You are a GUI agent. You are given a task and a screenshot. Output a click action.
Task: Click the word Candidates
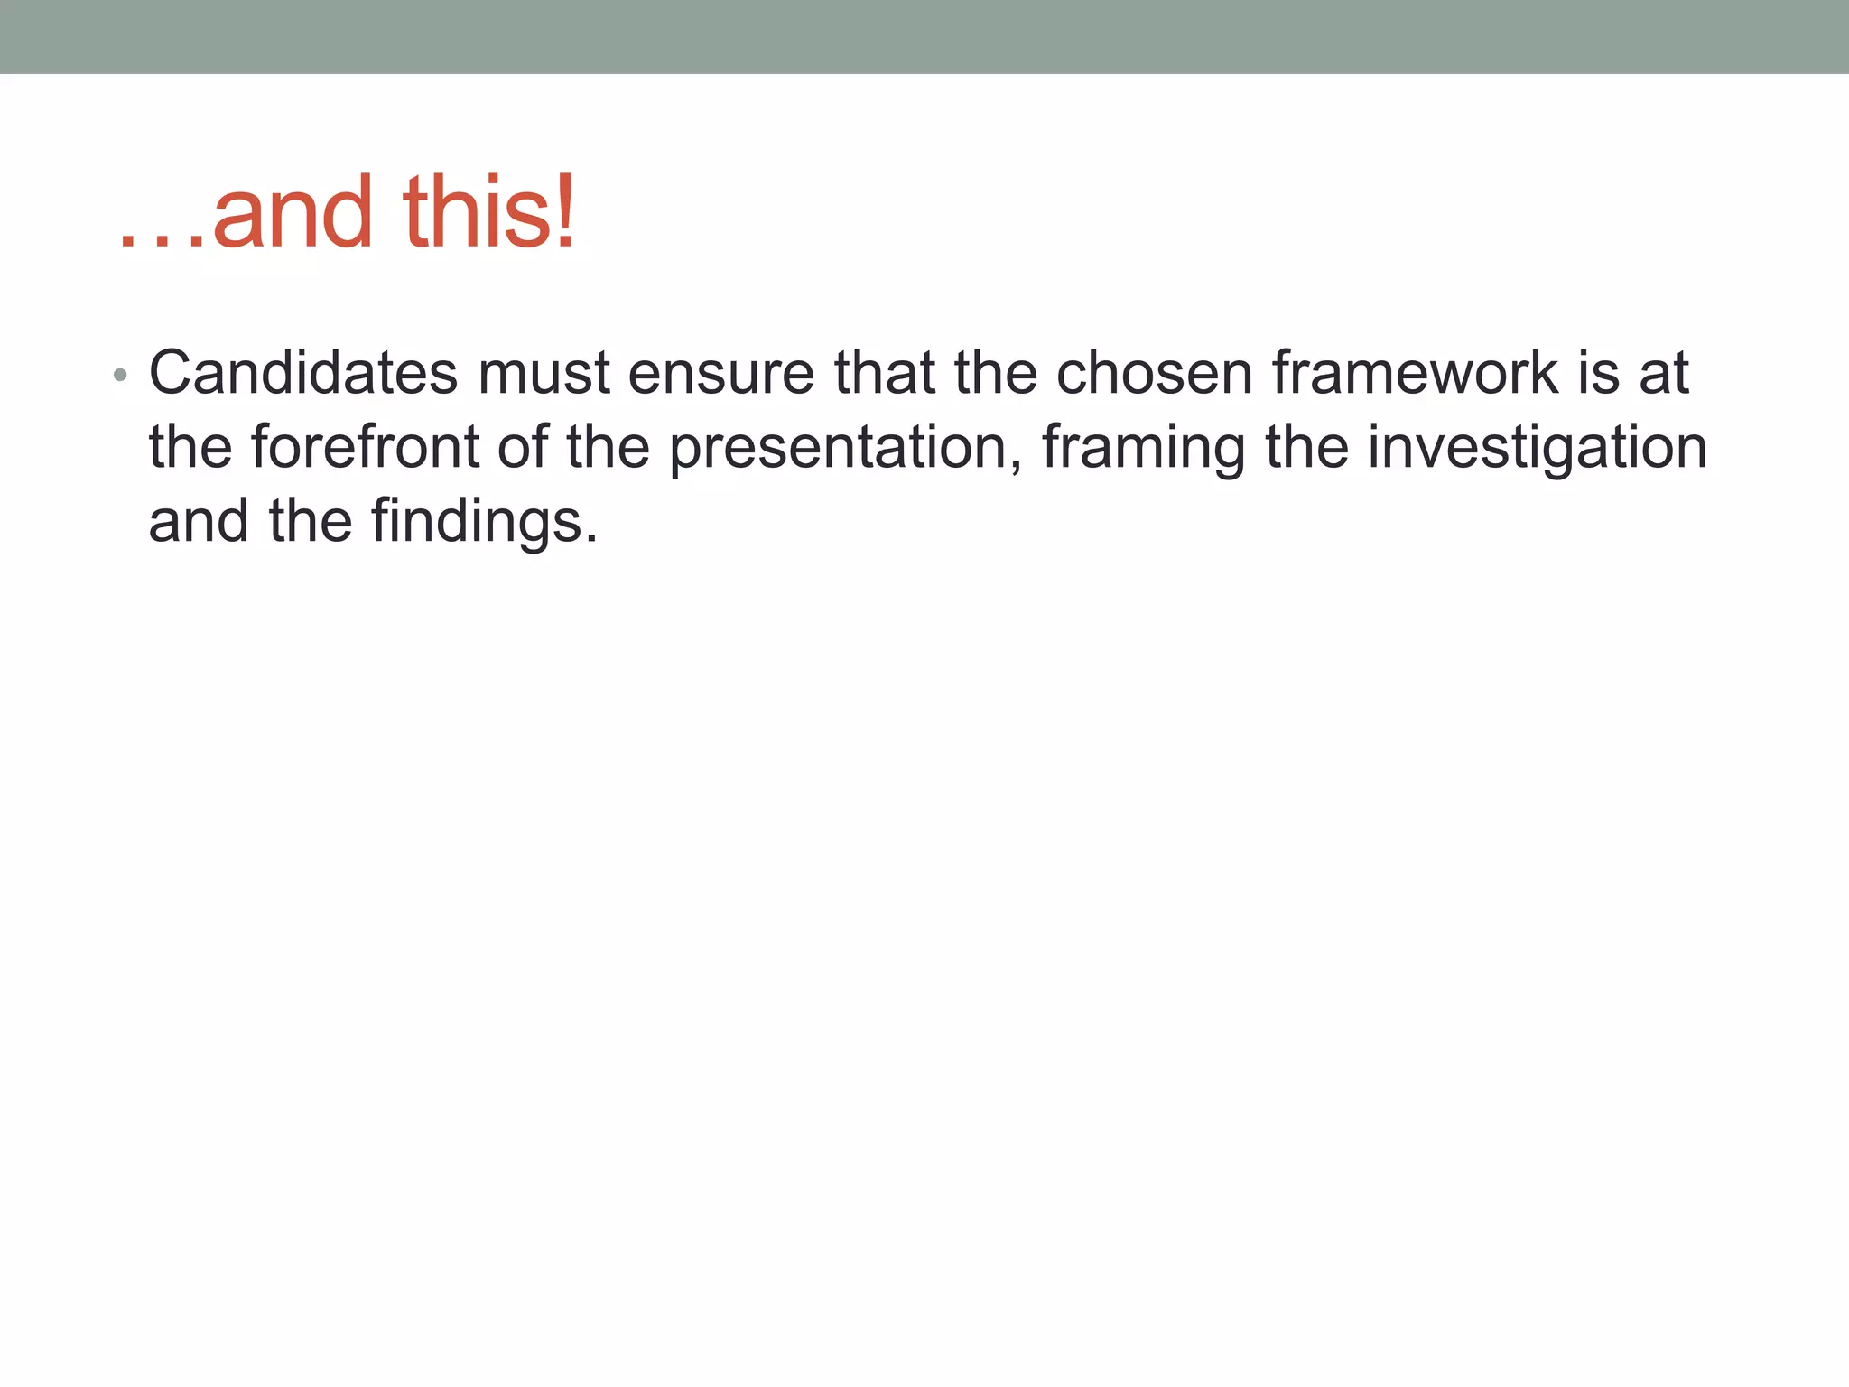[303, 373]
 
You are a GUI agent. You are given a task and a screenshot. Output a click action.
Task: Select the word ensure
[720, 373]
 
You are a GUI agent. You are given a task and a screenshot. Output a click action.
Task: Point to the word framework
[1416, 373]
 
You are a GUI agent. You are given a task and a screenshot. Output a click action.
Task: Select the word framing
[1143, 449]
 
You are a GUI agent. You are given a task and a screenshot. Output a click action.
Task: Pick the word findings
[484, 523]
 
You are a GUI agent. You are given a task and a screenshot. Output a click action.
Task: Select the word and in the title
[293, 213]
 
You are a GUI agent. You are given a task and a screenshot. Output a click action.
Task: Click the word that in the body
[884, 373]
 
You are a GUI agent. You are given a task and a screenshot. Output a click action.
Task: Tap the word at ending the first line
[1663, 373]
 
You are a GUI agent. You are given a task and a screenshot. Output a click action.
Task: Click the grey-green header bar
[924, 36]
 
